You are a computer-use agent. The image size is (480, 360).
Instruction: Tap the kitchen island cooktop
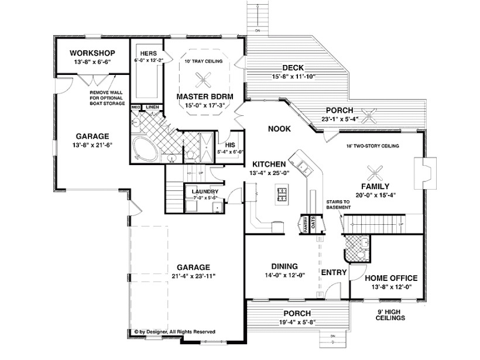[x=282, y=193]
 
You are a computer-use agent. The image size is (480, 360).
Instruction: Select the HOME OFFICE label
[x=391, y=278]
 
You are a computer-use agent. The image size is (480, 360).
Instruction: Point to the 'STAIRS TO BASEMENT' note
[x=339, y=204]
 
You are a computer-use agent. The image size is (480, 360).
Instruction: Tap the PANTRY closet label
[x=305, y=225]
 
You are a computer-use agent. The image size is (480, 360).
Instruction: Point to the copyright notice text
[x=174, y=331]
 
